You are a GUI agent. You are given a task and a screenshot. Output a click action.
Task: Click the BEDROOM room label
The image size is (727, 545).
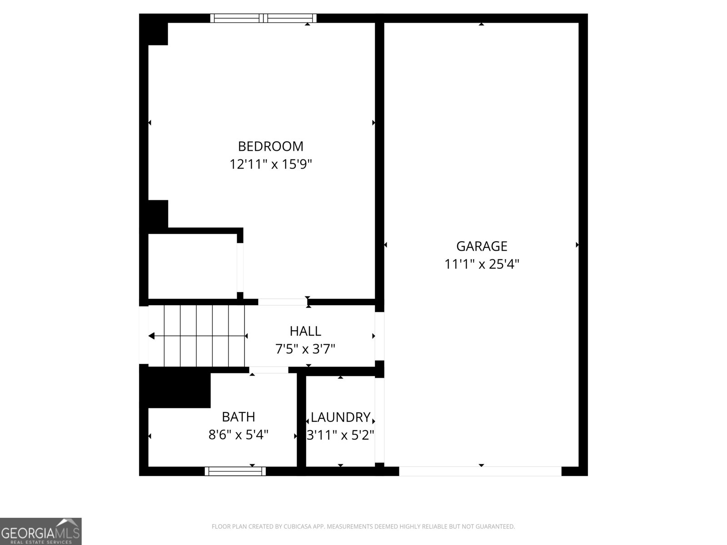coord(270,146)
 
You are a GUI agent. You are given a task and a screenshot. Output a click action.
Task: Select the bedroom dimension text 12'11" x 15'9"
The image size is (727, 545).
coord(270,164)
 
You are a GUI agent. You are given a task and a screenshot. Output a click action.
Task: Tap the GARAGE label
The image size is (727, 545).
coord(481,246)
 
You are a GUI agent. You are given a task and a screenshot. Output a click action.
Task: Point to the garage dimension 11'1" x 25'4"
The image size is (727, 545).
coord(481,264)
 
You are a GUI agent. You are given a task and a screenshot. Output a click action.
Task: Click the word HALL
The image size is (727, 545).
coord(305,331)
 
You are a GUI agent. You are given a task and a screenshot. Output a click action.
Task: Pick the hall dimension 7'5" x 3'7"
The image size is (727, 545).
coord(305,349)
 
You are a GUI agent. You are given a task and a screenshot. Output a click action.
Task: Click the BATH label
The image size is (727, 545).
coord(238,417)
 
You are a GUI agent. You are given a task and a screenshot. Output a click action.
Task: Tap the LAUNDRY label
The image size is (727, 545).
coord(340,417)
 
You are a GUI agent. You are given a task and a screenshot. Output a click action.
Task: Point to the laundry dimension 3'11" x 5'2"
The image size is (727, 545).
coord(340,435)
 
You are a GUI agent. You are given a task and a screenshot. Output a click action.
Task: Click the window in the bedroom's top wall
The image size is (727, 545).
coord(263,18)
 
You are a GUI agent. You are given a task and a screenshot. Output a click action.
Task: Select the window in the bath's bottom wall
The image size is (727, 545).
coord(235,471)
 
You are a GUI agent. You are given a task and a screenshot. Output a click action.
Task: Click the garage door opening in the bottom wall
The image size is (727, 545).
coord(480,471)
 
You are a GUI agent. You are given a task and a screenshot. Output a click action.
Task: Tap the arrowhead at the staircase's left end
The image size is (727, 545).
coord(151,336)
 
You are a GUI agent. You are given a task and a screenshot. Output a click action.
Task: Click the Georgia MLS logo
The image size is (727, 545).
coord(40,531)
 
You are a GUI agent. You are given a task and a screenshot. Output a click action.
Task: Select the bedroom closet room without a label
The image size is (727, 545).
coord(192,266)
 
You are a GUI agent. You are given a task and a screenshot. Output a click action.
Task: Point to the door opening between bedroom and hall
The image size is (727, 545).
coord(282,302)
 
